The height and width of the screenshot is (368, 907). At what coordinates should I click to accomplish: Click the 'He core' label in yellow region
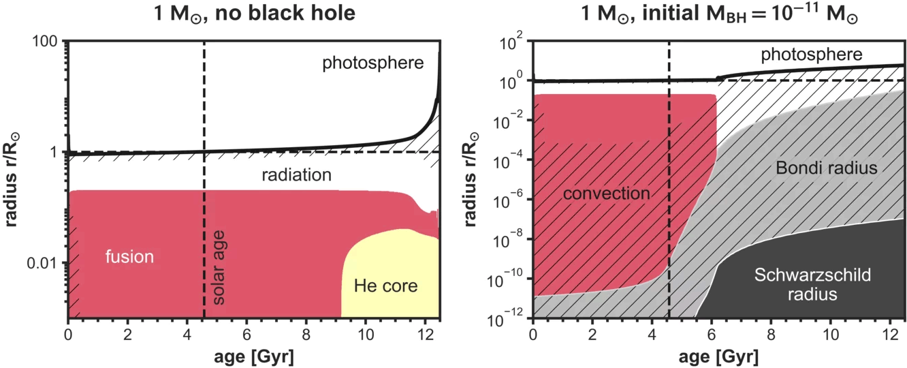click(x=385, y=286)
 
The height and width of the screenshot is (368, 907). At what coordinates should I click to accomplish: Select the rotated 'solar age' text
click(x=219, y=267)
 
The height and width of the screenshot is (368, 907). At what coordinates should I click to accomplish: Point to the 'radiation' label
click(x=296, y=175)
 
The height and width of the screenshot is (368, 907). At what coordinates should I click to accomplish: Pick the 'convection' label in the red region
click(x=606, y=194)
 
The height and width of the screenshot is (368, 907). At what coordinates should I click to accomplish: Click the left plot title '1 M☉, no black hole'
click(x=253, y=13)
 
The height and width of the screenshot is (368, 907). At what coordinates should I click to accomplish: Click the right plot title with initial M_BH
click(x=720, y=13)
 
